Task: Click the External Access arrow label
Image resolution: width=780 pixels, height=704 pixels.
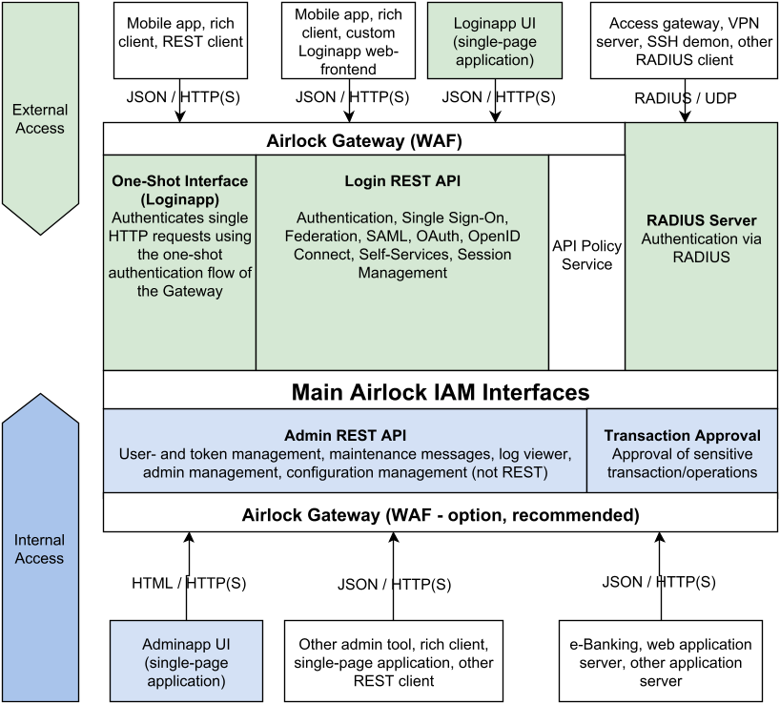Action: pyautogui.click(x=39, y=118)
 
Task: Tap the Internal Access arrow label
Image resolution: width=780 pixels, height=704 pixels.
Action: pyautogui.click(x=39, y=549)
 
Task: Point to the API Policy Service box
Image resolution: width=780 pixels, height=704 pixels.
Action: pyautogui.click(x=586, y=255)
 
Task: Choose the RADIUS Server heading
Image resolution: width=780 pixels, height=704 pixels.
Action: pyautogui.click(x=701, y=220)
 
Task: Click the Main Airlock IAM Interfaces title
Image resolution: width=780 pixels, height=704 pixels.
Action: pyautogui.click(x=440, y=391)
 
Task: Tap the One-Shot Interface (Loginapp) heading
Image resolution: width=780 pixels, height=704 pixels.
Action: pyautogui.click(x=179, y=190)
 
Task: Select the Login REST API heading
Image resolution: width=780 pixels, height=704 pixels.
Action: pyautogui.click(x=402, y=180)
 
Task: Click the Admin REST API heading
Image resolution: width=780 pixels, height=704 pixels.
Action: pyautogui.click(x=345, y=435)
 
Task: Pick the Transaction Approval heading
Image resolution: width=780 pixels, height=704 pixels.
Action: pyautogui.click(x=682, y=435)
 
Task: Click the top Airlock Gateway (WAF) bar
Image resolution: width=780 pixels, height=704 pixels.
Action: pyautogui.click(x=364, y=141)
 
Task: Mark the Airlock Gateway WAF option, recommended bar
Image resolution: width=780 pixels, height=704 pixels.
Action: pyautogui.click(x=440, y=515)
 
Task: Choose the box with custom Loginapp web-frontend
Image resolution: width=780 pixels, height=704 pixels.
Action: pyautogui.click(x=349, y=41)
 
